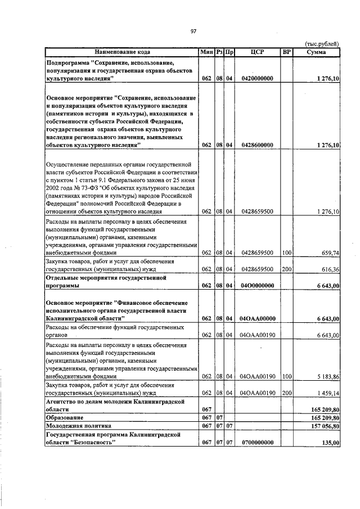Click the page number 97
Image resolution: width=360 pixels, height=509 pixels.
(x=192, y=31)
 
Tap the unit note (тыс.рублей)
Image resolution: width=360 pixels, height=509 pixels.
(x=322, y=43)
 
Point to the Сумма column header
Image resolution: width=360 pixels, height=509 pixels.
(x=317, y=52)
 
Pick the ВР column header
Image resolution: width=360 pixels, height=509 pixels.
(x=287, y=52)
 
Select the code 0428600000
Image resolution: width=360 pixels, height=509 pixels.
(x=257, y=145)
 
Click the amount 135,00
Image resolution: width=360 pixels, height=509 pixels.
(x=329, y=443)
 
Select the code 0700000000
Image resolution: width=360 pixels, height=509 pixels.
(x=257, y=443)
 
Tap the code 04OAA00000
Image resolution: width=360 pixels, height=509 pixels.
(x=257, y=319)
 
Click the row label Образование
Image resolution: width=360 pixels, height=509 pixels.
(x=65, y=418)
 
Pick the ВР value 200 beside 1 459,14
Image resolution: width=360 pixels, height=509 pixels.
(x=287, y=393)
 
